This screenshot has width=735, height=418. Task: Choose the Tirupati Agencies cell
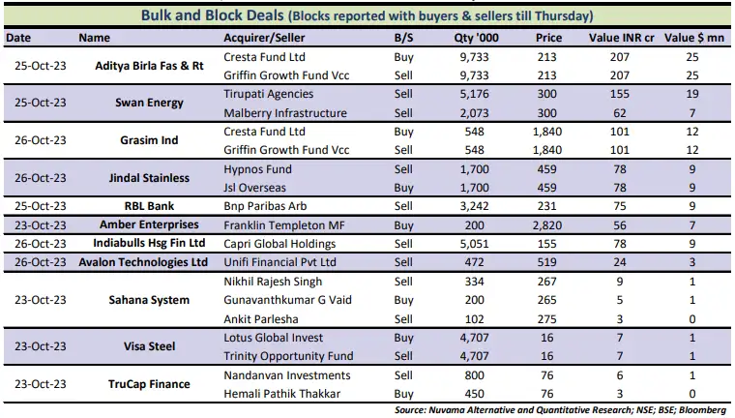pyautogui.click(x=268, y=94)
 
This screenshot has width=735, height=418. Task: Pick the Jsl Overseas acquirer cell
pyautogui.click(x=257, y=187)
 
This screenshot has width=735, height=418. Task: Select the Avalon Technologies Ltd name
pyautogui.click(x=144, y=261)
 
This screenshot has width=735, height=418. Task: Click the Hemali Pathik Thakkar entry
pyautogui.click(x=282, y=393)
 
